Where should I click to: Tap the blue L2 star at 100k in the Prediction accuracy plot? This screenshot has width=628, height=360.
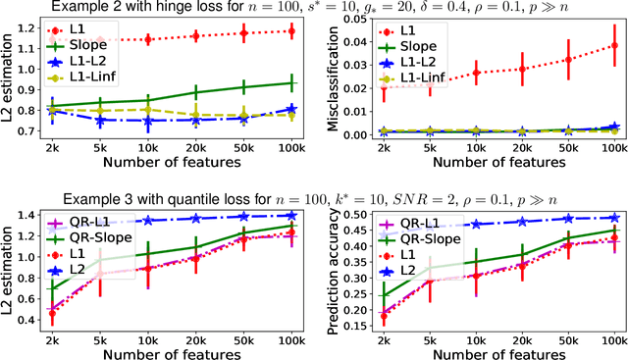point(615,217)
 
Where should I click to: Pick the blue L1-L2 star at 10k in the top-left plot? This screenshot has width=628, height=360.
point(147,122)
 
